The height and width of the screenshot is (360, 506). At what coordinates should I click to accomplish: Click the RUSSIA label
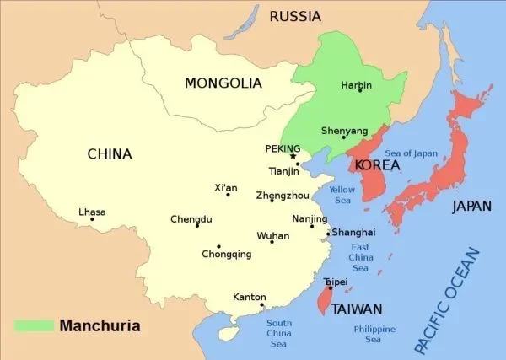pyautogui.click(x=296, y=16)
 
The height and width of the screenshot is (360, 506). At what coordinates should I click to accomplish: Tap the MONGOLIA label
pyautogui.click(x=223, y=83)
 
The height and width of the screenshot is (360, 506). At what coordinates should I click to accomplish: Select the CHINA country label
pyautogui.click(x=110, y=153)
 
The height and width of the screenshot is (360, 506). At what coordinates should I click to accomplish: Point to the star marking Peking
pyautogui.click(x=293, y=156)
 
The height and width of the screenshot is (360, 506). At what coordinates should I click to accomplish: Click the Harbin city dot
pyautogui.click(x=360, y=91)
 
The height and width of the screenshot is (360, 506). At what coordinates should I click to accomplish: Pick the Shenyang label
pyautogui.click(x=344, y=131)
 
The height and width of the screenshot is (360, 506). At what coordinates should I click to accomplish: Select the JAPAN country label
pyautogui.click(x=472, y=206)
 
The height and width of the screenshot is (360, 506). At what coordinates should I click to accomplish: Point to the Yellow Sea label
pyautogui.click(x=342, y=196)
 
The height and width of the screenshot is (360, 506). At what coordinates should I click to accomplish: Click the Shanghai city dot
pyautogui.click(x=328, y=234)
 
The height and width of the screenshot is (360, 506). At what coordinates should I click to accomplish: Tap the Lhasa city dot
pyautogui.click(x=93, y=220)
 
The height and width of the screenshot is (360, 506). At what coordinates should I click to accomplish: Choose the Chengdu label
pyautogui.click(x=191, y=219)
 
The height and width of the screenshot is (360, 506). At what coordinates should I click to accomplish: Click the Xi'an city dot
pyautogui.click(x=228, y=195)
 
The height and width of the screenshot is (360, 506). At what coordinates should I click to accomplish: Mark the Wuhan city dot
pyautogui.click(x=272, y=243)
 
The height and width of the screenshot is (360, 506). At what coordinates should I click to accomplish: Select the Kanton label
pyautogui.click(x=249, y=297)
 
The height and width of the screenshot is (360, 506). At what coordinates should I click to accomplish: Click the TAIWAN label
pyautogui.click(x=357, y=309)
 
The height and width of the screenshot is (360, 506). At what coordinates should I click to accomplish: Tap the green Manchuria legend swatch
pyautogui.click(x=31, y=325)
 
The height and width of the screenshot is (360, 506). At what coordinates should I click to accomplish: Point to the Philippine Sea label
pyautogui.click(x=373, y=334)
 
